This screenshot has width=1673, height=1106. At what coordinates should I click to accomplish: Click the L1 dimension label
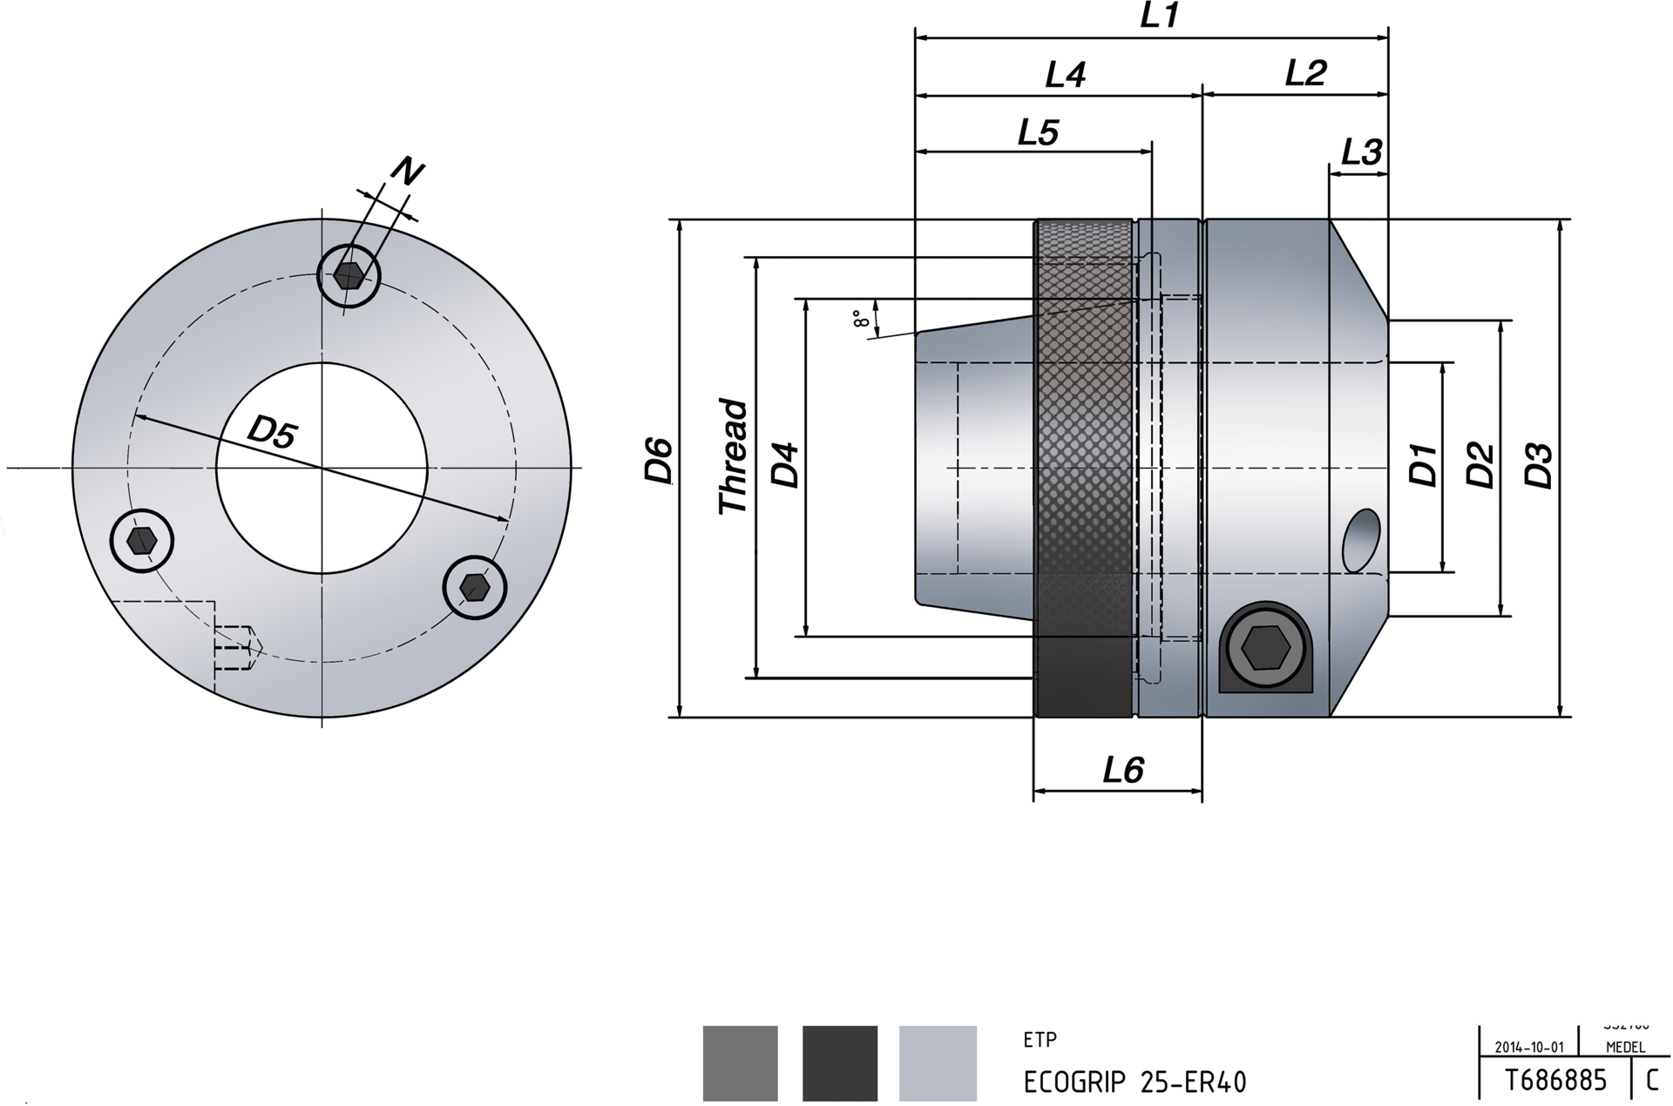point(1159,16)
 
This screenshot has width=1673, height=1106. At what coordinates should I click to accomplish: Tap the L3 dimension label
point(1360,152)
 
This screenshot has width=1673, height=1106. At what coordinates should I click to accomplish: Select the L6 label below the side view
point(1122,770)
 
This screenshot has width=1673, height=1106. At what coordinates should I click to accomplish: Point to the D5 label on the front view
point(272,432)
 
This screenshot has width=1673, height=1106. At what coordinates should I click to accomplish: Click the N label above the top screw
point(405,172)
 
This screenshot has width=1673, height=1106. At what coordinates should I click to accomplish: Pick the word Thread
point(733,456)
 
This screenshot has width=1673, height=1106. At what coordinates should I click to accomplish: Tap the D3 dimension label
point(1539,466)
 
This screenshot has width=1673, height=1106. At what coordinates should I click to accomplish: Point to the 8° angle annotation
point(861,319)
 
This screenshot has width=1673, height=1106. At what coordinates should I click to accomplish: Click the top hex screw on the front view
point(349,275)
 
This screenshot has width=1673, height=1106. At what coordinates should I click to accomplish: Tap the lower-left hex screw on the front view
point(142,542)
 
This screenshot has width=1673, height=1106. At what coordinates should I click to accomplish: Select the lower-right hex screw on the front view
point(475,587)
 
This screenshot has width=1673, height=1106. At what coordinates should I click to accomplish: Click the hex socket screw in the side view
point(1264,647)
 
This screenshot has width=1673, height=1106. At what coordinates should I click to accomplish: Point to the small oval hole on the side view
point(1361,541)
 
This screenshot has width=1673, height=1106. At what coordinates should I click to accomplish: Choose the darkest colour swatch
point(839,1062)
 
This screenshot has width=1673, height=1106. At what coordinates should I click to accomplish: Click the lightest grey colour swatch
point(938,1062)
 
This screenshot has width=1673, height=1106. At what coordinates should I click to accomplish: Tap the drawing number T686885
point(1555,1081)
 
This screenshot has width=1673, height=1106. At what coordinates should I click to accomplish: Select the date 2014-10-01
point(1529,1048)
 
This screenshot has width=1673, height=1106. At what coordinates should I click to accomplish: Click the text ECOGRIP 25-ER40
point(1135,1082)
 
